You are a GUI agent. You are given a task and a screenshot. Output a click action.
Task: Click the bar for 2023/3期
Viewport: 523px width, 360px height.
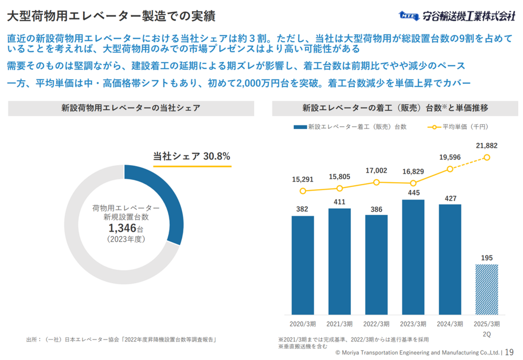pos(413,257)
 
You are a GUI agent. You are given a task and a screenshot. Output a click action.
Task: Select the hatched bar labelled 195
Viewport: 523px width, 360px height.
pos(487,290)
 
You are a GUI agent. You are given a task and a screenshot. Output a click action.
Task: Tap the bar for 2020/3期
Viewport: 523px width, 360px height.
pos(303,265)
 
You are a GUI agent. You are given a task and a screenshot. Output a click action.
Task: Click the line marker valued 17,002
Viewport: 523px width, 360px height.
pos(377,182)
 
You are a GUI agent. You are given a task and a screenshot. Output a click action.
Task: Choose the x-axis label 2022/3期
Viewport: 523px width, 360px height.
pos(377,324)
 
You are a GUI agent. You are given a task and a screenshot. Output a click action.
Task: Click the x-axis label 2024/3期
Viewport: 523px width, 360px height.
pos(450,324)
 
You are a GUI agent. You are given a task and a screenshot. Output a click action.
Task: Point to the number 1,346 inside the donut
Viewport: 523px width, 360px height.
pos(122,229)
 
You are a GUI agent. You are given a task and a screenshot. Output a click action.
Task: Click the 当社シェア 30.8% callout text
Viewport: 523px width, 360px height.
pos(192,156)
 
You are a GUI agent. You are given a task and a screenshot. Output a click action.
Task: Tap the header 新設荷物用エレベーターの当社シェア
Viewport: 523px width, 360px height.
pos(131,108)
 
